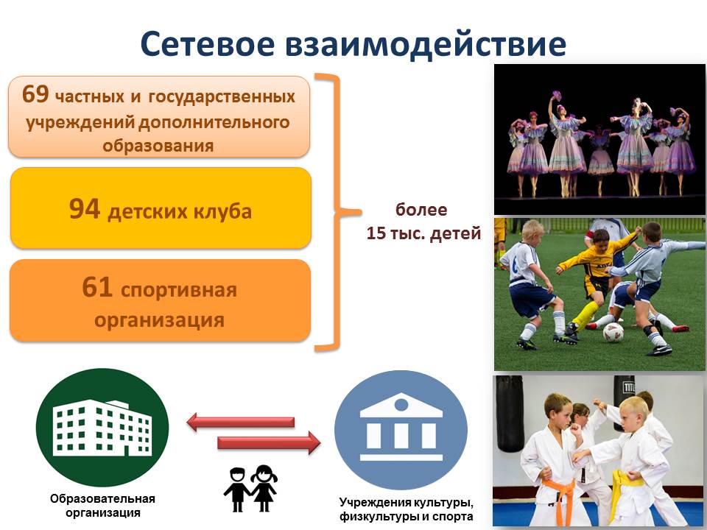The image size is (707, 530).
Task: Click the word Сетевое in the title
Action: click(208, 44)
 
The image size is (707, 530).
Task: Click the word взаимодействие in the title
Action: click(426, 45)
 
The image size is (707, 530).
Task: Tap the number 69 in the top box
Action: click(35, 94)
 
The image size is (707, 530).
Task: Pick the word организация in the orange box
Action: click(159, 321)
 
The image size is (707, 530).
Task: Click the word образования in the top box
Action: click(158, 146)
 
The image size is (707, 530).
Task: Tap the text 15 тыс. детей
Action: click(423, 233)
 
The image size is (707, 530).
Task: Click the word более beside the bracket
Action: click(421, 210)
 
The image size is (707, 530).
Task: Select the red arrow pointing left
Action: click(240, 423)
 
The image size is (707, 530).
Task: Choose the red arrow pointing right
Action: click(270, 442)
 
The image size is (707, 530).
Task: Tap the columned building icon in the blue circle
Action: click(401, 426)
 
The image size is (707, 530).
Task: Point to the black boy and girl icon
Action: click(250, 489)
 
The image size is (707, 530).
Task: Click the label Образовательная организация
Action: click(103, 505)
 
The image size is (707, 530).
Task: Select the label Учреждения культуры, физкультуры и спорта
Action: click(407, 509)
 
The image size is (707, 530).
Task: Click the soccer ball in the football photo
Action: click(613, 333)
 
